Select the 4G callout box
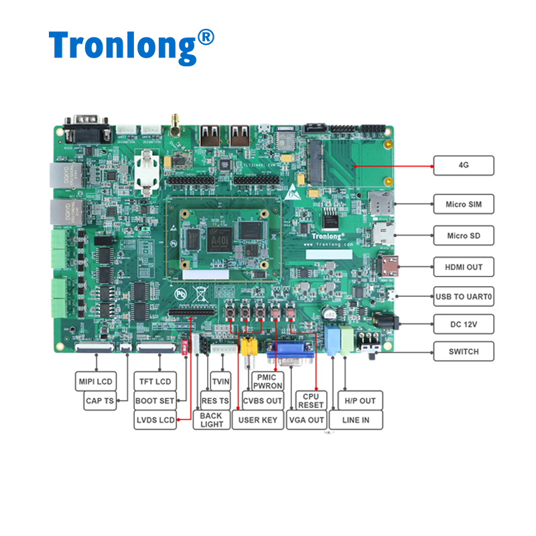463,165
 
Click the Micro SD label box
463,235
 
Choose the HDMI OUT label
463,267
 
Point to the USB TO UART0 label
463,296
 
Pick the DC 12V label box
463,324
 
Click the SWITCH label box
463,351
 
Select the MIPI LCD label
94,382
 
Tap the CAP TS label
100,401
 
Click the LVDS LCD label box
155,420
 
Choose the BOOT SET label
154,401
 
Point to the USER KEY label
257,420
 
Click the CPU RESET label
310,401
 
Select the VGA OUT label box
306,420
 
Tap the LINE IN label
360,420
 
